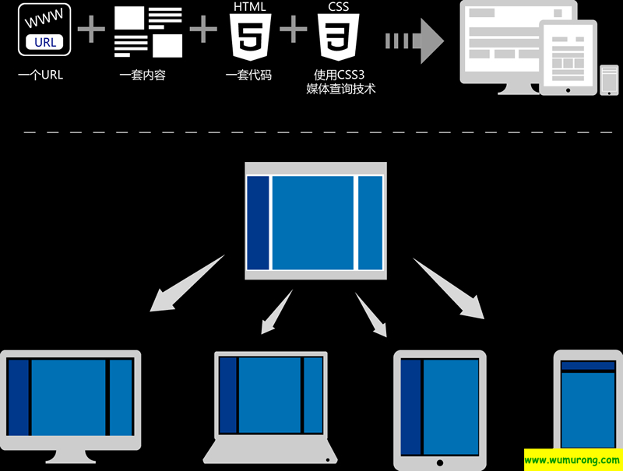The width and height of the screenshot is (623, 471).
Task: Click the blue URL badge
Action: [x=46, y=42]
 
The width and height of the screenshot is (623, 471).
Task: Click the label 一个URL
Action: [x=40, y=76]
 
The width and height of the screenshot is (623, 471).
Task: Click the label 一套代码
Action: [x=248, y=76]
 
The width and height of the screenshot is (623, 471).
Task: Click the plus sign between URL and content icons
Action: [x=91, y=31]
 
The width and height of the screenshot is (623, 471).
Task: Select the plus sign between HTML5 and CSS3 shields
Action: [x=293, y=31]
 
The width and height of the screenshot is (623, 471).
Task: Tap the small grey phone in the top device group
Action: [x=609, y=79]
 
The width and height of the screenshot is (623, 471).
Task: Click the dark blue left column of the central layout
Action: [x=258, y=222]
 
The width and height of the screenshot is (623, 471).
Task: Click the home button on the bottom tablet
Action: [x=440, y=462]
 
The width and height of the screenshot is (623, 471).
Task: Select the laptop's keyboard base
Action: [x=270, y=452]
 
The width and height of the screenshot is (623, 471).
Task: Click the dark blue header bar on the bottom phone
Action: [x=588, y=366]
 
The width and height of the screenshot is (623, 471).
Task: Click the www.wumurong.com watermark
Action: [x=572, y=459]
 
